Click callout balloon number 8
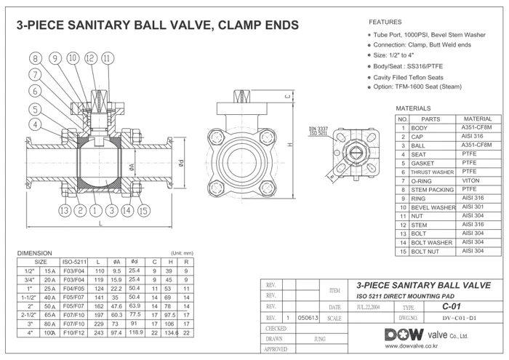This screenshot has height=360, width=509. (x=36, y=58)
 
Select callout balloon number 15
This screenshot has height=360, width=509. (x=143, y=211)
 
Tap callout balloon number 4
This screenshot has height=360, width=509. (x=35, y=124)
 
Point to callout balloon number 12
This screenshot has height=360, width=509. (x=91, y=58)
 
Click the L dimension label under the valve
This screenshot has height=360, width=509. (x=100, y=223)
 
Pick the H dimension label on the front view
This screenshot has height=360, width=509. (x=290, y=144)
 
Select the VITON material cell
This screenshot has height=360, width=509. (x=470, y=180)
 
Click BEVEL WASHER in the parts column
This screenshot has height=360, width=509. (x=433, y=207)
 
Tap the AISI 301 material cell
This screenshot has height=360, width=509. (x=473, y=207)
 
